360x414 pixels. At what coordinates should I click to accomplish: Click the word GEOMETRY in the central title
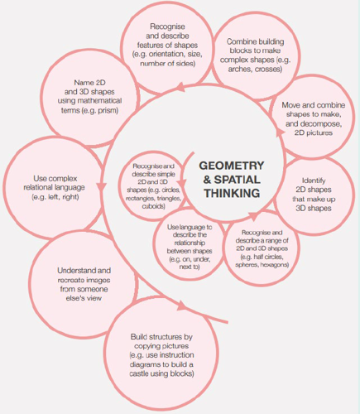click(232, 166)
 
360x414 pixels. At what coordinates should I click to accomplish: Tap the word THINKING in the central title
click(232, 193)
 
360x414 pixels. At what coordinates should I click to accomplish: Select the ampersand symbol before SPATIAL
click(207, 180)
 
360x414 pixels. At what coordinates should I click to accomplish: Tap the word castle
click(139, 373)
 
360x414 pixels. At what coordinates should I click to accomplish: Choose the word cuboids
click(153, 206)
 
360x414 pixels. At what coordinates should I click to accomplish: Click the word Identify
click(314, 181)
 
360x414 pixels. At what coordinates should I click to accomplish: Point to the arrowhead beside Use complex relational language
click(102, 186)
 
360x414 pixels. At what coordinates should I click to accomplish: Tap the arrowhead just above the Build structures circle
click(182, 306)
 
